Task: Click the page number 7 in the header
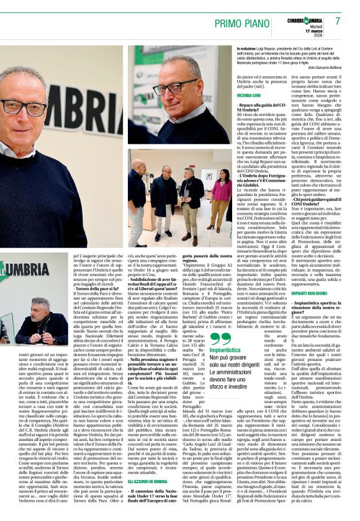(x=338, y=20)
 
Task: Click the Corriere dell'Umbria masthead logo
(x=305, y=20)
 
